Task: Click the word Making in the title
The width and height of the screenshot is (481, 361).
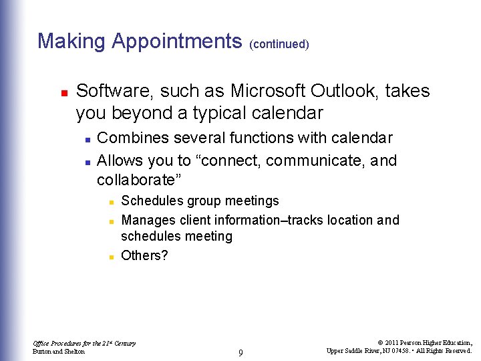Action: coord(71,41)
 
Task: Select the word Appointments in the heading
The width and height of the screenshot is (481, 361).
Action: coord(177,41)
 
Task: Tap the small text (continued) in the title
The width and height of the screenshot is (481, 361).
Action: coord(279,44)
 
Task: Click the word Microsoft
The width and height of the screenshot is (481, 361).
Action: coord(268,91)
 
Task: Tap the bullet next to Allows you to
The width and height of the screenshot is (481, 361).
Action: coord(88,162)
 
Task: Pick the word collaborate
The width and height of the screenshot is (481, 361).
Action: coord(138,180)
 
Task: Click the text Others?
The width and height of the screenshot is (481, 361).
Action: coord(144,255)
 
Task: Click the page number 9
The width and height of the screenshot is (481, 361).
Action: coord(240,352)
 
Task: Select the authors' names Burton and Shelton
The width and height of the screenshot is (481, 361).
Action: coord(59,352)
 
